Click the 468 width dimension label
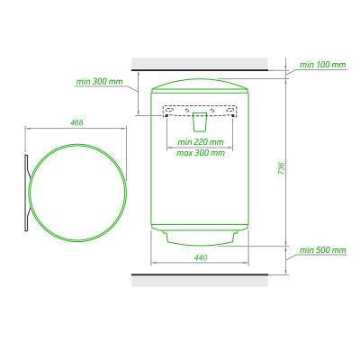[x=76, y=122]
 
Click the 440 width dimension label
[x=201, y=257]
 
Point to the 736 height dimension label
[x=281, y=169]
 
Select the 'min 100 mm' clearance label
[x=323, y=65]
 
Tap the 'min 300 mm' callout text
[x=99, y=82]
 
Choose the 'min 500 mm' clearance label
[x=323, y=250]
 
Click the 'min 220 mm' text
[x=201, y=142]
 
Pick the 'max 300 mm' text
[x=201, y=153]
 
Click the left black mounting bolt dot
[x=166, y=116]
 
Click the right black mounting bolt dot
[x=233, y=116]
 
